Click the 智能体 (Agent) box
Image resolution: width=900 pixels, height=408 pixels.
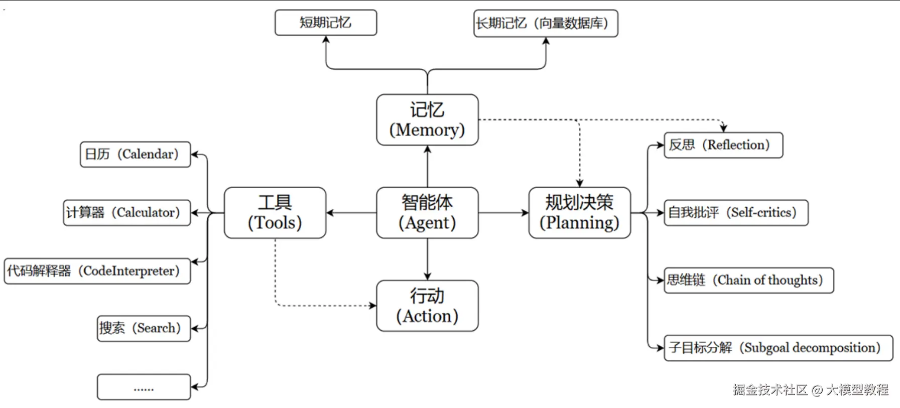click(x=427, y=213)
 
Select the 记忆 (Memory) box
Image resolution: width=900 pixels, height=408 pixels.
click(x=427, y=120)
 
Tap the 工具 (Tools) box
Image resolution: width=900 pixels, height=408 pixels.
click(x=275, y=213)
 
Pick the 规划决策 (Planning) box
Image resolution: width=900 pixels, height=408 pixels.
click(x=579, y=213)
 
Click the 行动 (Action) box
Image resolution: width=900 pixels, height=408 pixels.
click(x=427, y=306)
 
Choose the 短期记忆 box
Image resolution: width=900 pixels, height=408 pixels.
click(x=326, y=23)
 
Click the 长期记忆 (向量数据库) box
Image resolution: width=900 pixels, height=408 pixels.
click(x=546, y=23)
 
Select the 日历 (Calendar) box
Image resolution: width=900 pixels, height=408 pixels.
click(x=136, y=154)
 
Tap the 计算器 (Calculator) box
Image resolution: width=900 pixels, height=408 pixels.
click(x=127, y=213)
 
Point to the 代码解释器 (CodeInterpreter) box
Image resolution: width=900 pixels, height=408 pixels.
click(x=97, y=271)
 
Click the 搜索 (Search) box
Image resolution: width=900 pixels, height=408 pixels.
click(x=144, y=328)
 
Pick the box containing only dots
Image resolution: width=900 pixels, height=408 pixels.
click(x=144, y=387)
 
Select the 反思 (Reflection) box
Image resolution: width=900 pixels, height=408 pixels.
click(x=723, y=145)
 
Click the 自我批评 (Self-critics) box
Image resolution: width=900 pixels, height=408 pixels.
click(x=736, y=213)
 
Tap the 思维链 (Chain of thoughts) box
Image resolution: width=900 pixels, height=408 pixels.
click(x=748, y=280)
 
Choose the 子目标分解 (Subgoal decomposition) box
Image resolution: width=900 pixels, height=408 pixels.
click(x=778, y=348)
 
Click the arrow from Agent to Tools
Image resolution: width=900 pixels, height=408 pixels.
click(x=351, y=213)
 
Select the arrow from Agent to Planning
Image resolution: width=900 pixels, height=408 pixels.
click(x=503, y=213)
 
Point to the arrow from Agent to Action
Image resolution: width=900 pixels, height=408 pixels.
click(x=427, y=259)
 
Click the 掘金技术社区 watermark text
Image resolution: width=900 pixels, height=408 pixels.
click(x=770, y=389)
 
